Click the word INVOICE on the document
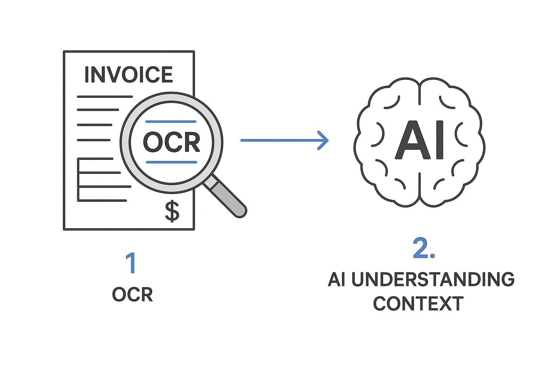[x=128, y=75]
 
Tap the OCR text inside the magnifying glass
[x=171, y=142]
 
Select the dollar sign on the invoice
[x=172, y=211]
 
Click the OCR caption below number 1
[x=132, y=295]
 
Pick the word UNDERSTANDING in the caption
[x=433, y=280]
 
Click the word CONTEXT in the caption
[x=418, y=304]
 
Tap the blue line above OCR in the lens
[x=171, y=121]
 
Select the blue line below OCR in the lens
[x=171, y=162]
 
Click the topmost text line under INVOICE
[x=105, y=96]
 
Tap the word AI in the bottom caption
[x=336, y=280]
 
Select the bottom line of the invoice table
[x=102, y=200]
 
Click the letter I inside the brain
[x=438, y=140]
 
